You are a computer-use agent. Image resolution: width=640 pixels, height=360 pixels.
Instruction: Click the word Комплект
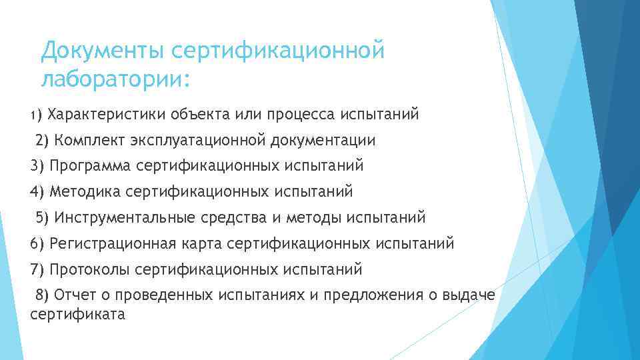click(x=89, y=140)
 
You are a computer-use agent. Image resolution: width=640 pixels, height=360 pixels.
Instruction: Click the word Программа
click(x=89, y=165)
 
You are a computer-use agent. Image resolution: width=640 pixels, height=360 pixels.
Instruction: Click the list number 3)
click(x=37, y=165)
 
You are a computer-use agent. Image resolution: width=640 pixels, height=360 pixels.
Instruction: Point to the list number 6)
click(x=37, y=243)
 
